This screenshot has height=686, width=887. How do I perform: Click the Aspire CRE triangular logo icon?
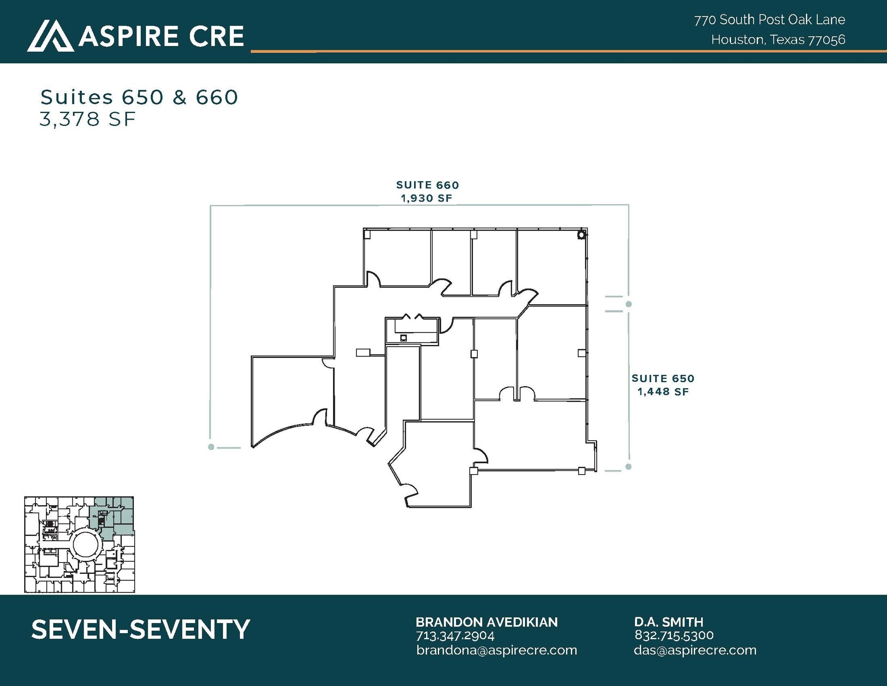(50, 36)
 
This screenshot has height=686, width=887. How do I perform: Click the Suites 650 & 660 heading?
(139, 97)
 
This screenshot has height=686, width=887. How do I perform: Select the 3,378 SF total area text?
(88, 119)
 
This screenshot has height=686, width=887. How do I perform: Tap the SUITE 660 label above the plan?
(427, 185)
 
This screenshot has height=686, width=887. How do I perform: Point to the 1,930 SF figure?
(426, 198)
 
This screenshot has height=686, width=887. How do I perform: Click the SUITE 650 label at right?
(663, 378)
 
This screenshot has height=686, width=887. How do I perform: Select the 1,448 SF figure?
(663, 392)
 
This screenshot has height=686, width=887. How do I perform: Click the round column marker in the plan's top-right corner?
(581, 235)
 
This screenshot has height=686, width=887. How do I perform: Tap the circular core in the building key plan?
(86, 545)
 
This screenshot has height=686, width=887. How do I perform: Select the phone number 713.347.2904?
(455, 636)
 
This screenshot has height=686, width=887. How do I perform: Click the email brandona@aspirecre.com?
(496, 650)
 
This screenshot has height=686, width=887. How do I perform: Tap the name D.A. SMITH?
(669, 622)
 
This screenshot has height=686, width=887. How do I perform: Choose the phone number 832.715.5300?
(674, 635)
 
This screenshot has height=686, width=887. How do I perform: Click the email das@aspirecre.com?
(695, 650)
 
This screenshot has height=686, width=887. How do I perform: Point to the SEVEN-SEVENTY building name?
(141, 629)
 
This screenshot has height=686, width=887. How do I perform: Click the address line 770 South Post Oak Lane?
(770, 20)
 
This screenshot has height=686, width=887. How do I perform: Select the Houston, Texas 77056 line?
(778, 40)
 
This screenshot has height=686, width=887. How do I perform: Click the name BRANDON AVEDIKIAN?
(486, 622)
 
